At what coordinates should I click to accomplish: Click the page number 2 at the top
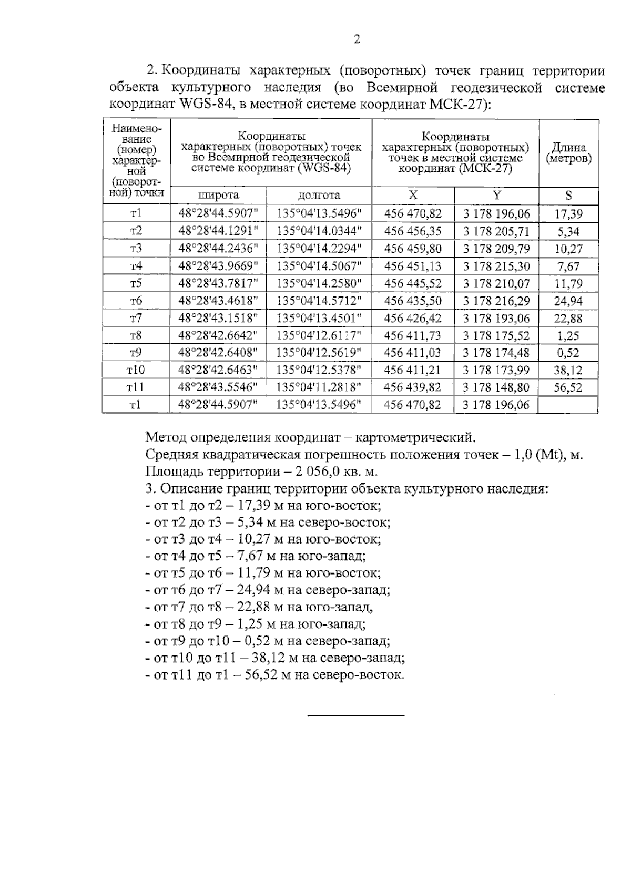point(357,39)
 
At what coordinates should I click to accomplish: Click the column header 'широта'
point(218,196)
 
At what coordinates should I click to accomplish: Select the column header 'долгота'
point(319,196)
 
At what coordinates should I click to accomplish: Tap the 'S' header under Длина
point(568,196)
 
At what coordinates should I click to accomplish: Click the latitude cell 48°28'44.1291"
point(218,231)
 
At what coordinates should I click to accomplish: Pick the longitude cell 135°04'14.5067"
point(319,266)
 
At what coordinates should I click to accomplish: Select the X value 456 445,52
point(413,283)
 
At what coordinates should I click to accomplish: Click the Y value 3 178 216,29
point(496,301)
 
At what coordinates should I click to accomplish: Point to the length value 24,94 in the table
point(568,301)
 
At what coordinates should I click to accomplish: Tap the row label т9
point(136,353)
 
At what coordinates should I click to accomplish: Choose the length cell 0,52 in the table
point(568,353)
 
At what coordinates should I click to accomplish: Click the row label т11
point(136,387)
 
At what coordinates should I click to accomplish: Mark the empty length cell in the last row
point(568,405)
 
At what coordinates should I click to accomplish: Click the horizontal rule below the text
point(356,715)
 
